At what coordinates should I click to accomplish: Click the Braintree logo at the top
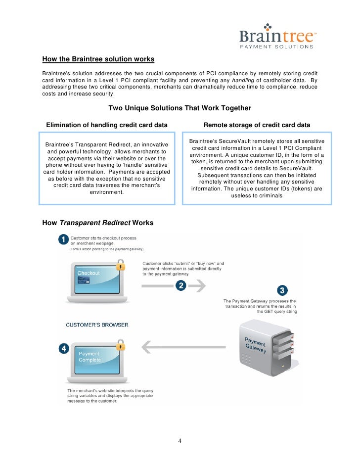click(276, 36)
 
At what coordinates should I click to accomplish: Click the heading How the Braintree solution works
click(98, 59)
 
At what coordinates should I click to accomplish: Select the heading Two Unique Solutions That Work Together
click(180, 108)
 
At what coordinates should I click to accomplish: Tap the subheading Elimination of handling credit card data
click(106, 125)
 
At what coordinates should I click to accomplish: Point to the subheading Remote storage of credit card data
click(257, 125)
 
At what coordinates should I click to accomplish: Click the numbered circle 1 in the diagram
click(64, 240)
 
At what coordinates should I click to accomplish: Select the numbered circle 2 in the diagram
click(181, 285)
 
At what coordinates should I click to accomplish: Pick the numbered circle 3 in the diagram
click(282, 290)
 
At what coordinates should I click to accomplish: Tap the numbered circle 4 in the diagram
click(64, 349)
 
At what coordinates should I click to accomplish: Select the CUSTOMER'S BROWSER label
click(97, 325)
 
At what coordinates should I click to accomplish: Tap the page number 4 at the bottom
click(180, 441)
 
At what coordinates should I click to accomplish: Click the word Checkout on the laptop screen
click(89, 273)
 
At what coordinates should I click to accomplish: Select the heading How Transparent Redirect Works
click(98, 223)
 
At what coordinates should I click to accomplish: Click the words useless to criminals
click(257, 196)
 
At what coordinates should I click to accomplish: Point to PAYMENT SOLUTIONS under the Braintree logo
click(276, 47)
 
